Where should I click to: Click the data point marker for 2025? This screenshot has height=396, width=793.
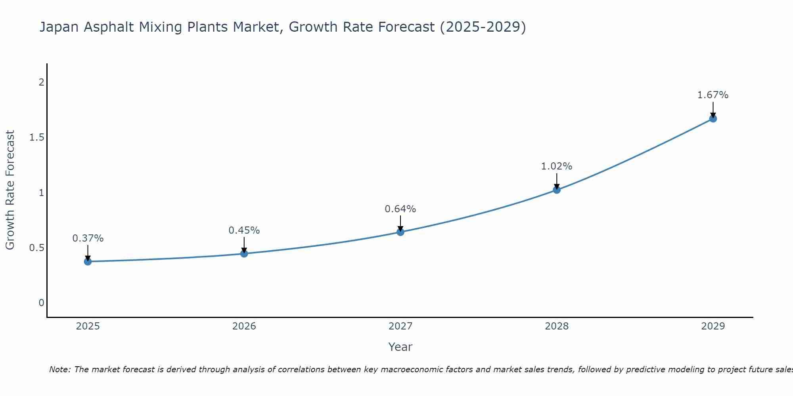pyautogui.click(x=88, y=261)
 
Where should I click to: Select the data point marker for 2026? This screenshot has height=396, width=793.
pyautogui.click(x=244, y=253)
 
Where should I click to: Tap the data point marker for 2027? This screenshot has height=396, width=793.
pyautogui.click(x=400, y=232)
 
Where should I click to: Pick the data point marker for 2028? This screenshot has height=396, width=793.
pyautogui.click(x=556, y=190)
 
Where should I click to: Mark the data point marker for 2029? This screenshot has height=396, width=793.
pyautogui.click(x=713, y=118)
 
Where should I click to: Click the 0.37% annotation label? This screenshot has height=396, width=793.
pyautogui.click(x=88, y=238)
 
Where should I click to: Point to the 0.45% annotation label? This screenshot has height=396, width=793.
pyautogui.click(x=244, y=230)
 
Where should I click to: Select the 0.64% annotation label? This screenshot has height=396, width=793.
pyautogui.click(x=400, y=209)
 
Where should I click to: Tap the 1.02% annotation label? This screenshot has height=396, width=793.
pyautogui.click(x=556, y=166)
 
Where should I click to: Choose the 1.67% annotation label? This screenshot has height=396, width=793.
pyautogui.click(x=713, y=95)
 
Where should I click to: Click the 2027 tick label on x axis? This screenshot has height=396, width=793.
pyautogui.click(x=400, y=326)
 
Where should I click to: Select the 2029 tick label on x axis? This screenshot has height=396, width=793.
pyautogui.click(x=713, y=326)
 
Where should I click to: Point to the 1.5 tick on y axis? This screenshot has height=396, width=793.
pyautogui.click(x=36, y=137)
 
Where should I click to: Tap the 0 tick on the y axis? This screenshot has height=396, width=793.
pyautogui.click(x=41, y=303)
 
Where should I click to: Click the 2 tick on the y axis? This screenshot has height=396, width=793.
pyautogui.click(x=41, y=82)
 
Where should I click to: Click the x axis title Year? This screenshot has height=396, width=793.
pyautogui.click(x=400, y=347)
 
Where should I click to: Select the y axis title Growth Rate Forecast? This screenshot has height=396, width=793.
pyautogui.click(x=10, y=190)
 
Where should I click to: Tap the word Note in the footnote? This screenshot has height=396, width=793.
pyautogui.click(x=59, y=369)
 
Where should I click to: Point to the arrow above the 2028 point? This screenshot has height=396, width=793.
pyautogui.click(x=556, y=181)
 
